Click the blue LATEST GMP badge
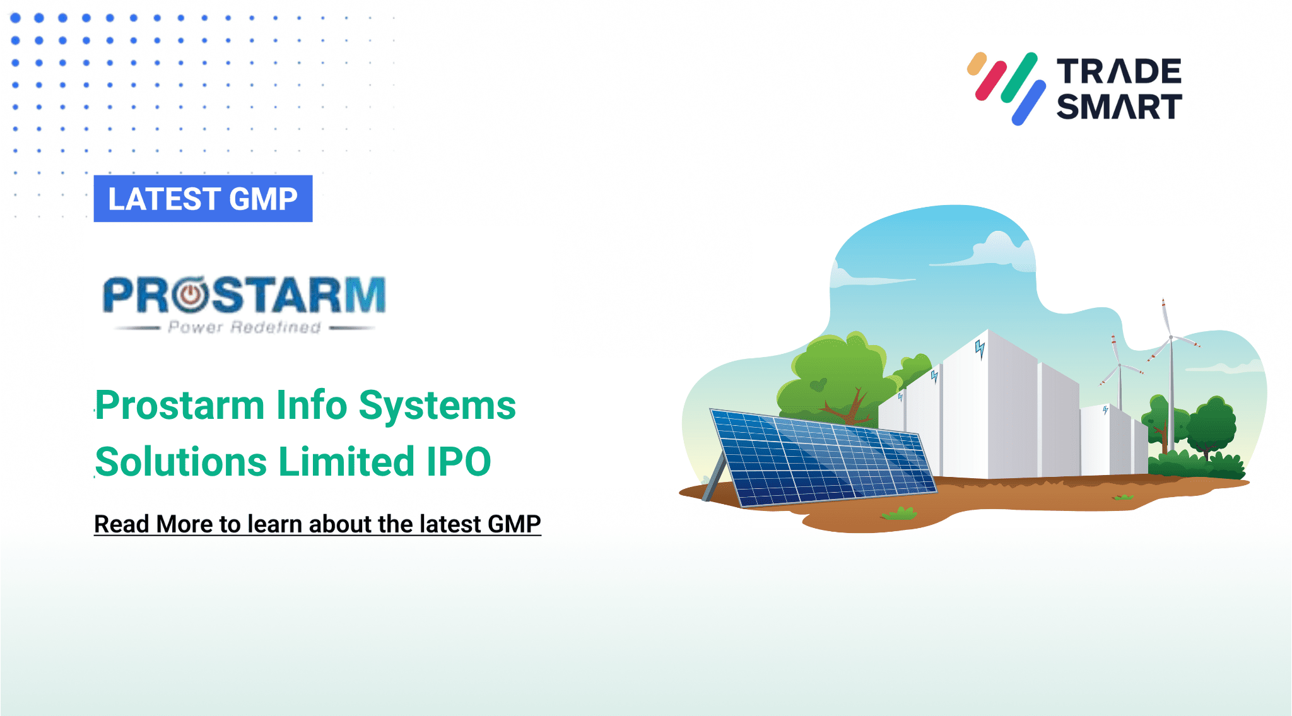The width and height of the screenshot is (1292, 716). (x=203, y=199)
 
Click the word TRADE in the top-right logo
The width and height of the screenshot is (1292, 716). (x=1119, y=71)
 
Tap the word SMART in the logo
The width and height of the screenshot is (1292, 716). (x=1119, y=107)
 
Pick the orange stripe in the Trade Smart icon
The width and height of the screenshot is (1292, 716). (x=977, y=64)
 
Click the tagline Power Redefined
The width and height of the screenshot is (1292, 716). (x=244, y=327)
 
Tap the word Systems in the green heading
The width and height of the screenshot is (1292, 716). (x=437, y=405)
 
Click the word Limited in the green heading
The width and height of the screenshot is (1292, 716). (x=346, y=462)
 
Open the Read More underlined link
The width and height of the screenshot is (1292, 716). (x=317, y=524)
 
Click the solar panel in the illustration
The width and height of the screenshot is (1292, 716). (x=820, y=457)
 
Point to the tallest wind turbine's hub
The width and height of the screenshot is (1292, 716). (x=1171, y=337)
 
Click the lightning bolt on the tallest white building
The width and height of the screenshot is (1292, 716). (x=980, y=348)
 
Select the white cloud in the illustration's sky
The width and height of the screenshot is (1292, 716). (x=1003, y=249)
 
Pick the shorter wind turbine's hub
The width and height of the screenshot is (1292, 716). (x=1120, y=365)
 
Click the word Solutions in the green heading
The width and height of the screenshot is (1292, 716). (x=180, y=462)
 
